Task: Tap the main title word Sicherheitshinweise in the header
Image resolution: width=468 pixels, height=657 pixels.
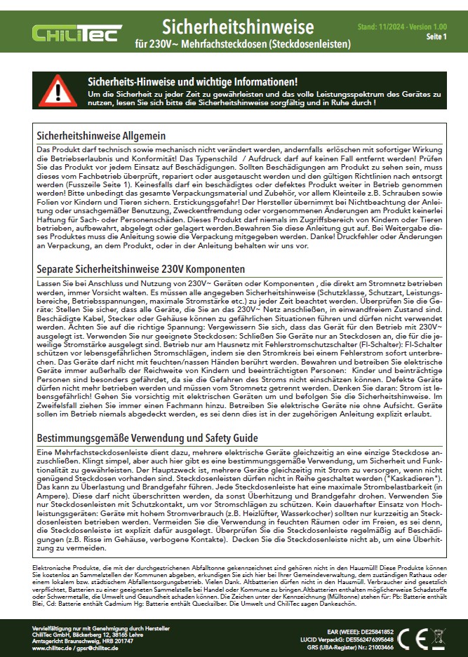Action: click(238, 27)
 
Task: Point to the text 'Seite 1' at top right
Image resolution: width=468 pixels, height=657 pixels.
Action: click(436, 36)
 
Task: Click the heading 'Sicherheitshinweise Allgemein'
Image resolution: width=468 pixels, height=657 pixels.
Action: click(101, 135)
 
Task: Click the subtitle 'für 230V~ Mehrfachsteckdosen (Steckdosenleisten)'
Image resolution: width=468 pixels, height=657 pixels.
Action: click(243, 44)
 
